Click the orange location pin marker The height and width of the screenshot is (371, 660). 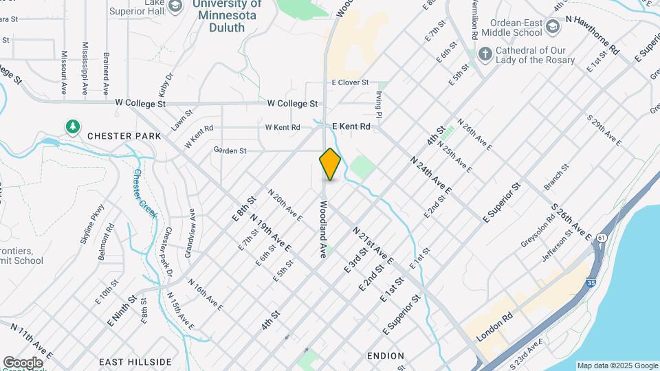click(330, 164)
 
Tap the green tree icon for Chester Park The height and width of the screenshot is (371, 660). click(72, 126)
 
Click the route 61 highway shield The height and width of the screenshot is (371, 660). click(602, 237)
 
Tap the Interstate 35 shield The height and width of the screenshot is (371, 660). click(591, 282)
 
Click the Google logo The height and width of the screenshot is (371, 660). click(23, 363)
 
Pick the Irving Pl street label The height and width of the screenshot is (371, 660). click(379, 109)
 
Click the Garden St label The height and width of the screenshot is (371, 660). click(230, 150)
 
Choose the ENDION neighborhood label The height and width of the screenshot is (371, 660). click(386, 356)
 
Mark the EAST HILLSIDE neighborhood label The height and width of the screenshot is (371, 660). click(135, 361)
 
